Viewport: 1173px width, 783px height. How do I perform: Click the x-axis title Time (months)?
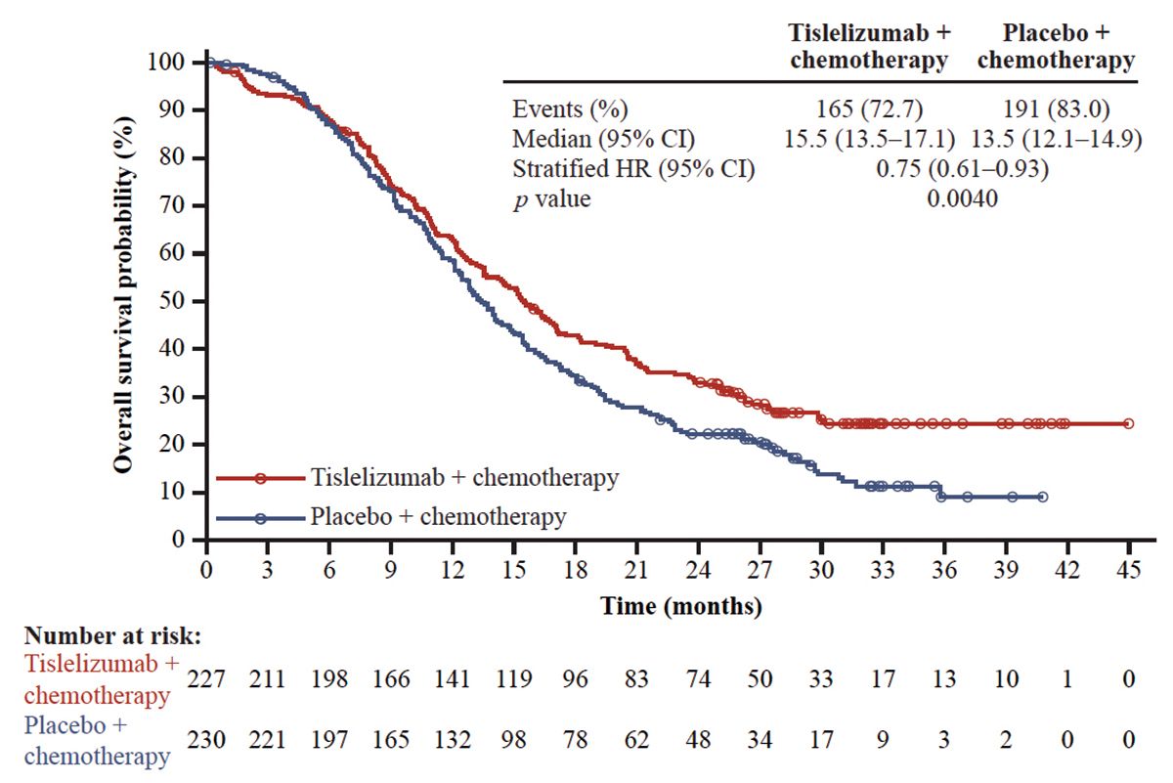681,606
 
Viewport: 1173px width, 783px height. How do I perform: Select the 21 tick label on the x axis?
636,570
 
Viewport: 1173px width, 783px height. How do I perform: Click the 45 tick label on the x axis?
1129,570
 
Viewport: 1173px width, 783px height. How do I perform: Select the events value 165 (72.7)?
868,109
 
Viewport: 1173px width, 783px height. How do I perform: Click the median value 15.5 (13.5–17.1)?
868,139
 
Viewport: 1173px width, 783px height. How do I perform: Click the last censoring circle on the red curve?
1129,423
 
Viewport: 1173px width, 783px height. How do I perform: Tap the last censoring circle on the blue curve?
1043,497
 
